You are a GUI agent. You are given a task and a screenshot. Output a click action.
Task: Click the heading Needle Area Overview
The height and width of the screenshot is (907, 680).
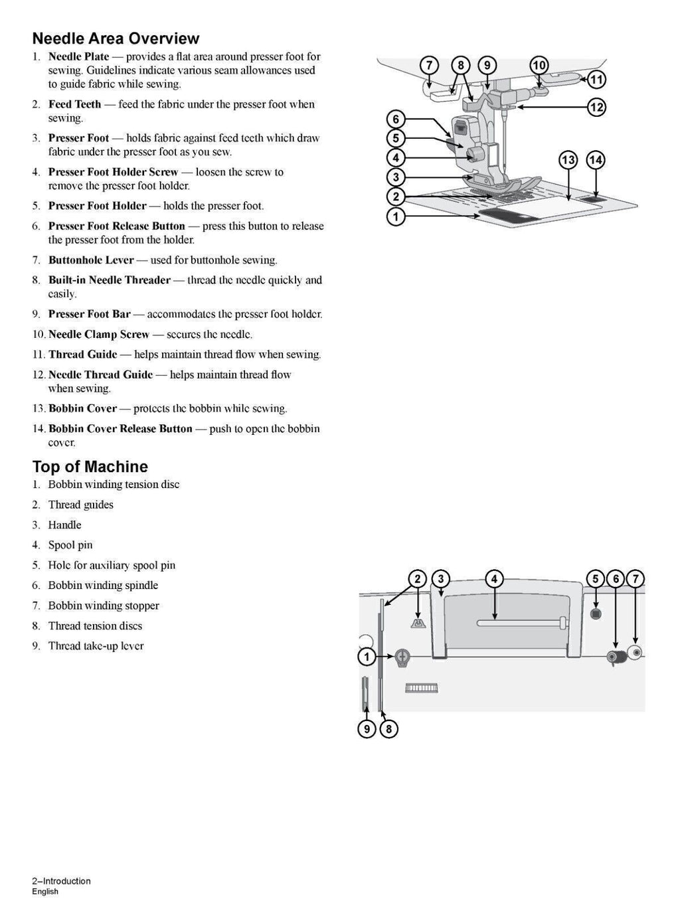coord(116,39)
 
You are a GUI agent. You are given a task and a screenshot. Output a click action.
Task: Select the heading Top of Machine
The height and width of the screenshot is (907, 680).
coord(90,467)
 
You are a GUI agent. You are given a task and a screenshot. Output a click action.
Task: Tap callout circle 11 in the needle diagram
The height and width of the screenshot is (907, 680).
coord(596,80)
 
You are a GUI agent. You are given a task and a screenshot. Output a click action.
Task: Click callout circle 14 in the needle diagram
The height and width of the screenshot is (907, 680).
coord(596,160)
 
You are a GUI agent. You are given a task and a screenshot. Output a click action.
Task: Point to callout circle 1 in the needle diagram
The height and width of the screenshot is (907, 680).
coord(396,216)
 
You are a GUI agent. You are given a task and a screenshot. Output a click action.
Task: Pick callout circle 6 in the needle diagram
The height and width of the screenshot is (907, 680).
coord(396,120)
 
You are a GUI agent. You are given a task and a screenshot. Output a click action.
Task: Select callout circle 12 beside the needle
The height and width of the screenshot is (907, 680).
coord(596,107)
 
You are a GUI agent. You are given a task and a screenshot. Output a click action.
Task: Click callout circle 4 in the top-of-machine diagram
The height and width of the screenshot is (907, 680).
coord(494,579)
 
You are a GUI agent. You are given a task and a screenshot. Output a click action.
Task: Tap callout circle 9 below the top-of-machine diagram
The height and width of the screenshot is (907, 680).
coord(367,729)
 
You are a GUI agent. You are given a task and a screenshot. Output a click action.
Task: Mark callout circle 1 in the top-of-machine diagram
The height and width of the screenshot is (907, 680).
coord(367,657)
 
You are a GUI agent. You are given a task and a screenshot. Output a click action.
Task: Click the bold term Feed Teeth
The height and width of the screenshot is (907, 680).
coord(74,104)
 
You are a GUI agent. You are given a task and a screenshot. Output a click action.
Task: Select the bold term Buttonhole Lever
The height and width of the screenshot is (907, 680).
coord(91,260)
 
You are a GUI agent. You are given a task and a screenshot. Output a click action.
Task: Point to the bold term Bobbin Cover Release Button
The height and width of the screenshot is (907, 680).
coord(120,429)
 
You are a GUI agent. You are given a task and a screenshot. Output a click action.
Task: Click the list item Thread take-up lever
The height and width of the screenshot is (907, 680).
coord(96,646)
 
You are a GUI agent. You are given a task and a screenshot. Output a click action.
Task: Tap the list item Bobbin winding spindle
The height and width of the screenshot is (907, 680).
coord(103,586)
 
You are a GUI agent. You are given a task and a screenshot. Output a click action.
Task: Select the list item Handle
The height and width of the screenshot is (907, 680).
coord(64,525)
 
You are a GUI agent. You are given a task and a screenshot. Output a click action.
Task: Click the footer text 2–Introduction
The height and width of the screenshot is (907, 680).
coord(61,881)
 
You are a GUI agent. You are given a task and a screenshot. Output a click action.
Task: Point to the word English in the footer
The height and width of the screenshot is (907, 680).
coord(45,892)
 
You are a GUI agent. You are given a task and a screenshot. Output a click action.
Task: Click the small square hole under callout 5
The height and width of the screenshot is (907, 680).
coord(595,613)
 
